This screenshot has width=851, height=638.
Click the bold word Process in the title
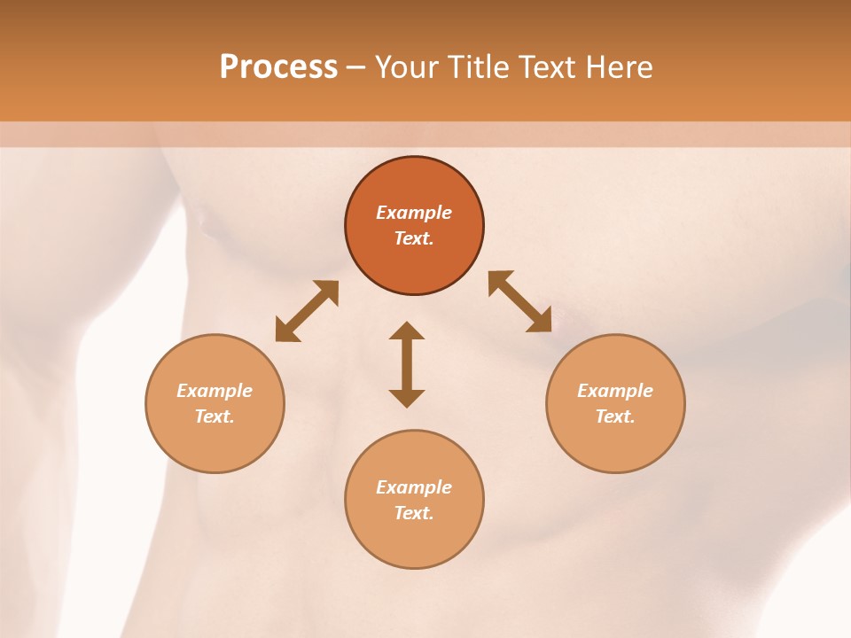coord(278,67)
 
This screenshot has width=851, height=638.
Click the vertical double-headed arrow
coord(407,364)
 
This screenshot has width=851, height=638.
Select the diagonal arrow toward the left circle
coord(307,311)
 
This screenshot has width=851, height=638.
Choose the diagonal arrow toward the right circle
coord(520,301)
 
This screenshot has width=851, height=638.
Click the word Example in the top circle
coord(414,213)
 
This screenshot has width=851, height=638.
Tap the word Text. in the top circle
coord(414,238)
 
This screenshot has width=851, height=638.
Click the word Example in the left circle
coord(215,391)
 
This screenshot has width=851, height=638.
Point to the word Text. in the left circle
coord(215,416)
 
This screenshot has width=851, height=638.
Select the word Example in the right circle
coord(615,391)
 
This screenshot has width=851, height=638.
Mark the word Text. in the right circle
coord(615,416)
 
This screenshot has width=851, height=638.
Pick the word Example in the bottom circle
coord(414,487)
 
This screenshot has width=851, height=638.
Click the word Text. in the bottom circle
coord(414,513)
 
